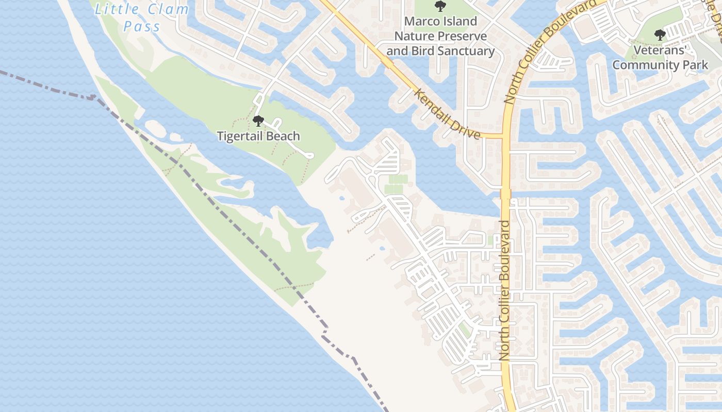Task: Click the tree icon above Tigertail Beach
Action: [x=258, y=121]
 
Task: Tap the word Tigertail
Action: [x=242, y=136]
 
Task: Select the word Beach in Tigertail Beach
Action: [x=283, y=136]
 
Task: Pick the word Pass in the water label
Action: [x=142, y=26]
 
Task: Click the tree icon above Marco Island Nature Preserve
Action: [x=440, y=6]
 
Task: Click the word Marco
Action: [x=421, y=22]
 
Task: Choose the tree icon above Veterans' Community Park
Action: [x=660, y=35]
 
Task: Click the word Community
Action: [x=643, y=65]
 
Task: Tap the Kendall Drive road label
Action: [x=448, y=114]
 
